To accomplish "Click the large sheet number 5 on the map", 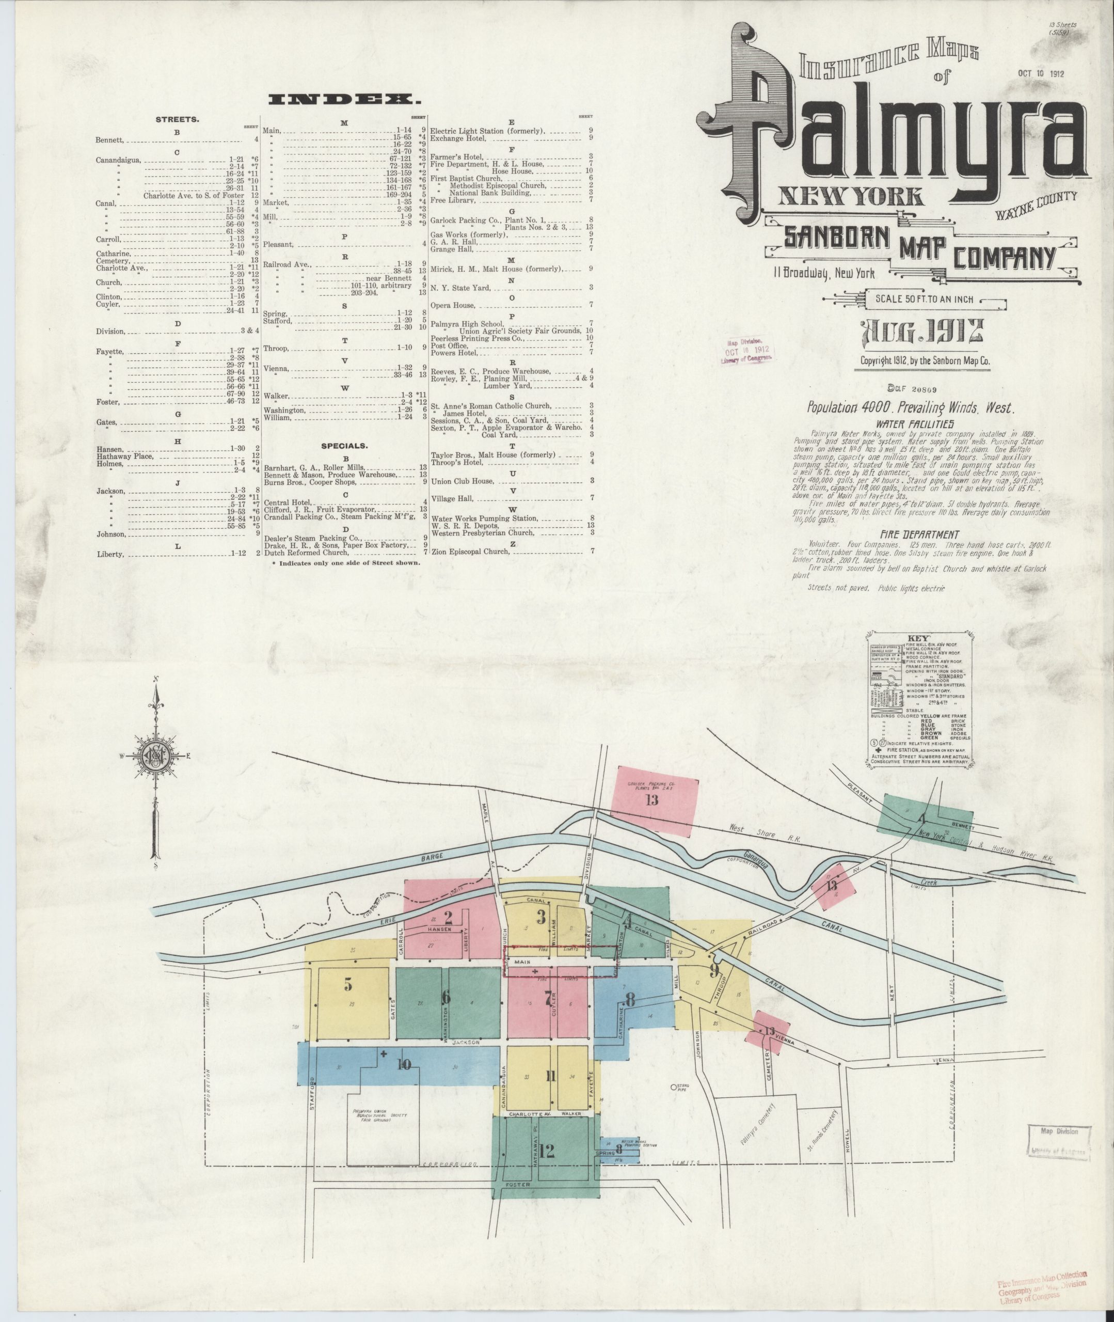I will tap(347, 983).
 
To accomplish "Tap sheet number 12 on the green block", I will tap(546, 1151).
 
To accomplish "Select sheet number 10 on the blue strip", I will tap(404, 1064).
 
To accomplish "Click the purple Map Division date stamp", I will tap(747, 349).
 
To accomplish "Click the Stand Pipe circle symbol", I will tap(673, 1087).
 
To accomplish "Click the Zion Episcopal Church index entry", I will tap(469, 552).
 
